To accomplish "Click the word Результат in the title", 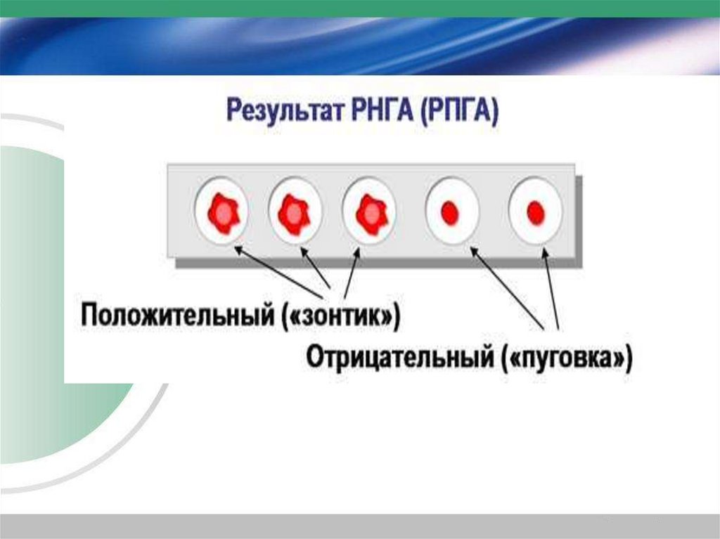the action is coord(276,113).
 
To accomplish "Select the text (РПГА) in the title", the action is coord(459,113).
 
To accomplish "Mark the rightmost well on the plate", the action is coord(535,211).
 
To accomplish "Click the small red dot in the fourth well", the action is coord(450,212).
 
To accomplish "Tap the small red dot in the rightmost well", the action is coord(536,212).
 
